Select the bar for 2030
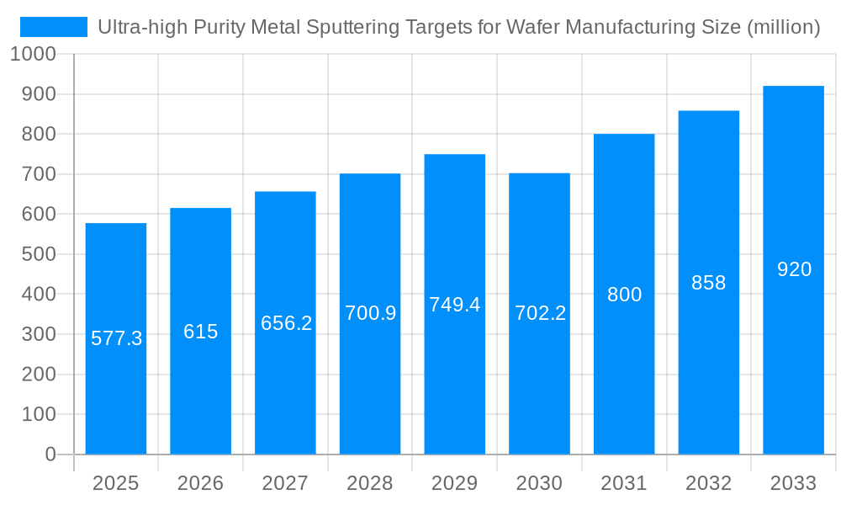pyautogui.click(x=539, y=379)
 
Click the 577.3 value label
pyautogui.click(x=116, y=339)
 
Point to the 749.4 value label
pyautogui.click(x=454, y=305)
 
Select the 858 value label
pyautogui.click(x=708, y=283)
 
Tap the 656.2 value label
pyautogui.click(x=286, y=323)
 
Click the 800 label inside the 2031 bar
pyautogui.click(x=624, y=295)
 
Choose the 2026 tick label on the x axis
pyautogui.click(x=200, y=483)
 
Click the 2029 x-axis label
pyautogui.click(x=454, y=483)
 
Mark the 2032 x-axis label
pyautogui.click(x=708, y=483)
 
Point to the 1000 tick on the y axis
pyautogui.click(x=32, y=54)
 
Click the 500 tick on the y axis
pyautogui.click(x=39, y=254)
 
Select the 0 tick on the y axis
pyautogui.click(x=50, y=454)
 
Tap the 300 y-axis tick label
pyautogui.click(x=39, y=334)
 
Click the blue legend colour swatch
pyautogui.click(x=54, y=27)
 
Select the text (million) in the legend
pyautogui.click(x=784, y=27)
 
